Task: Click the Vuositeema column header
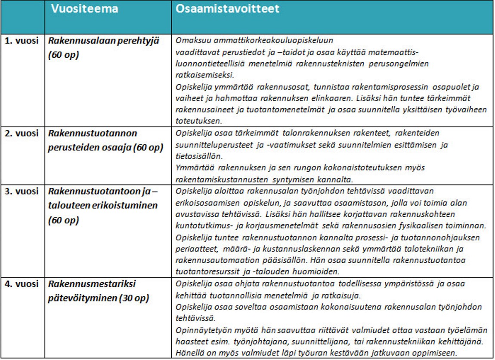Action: tap(84, 9)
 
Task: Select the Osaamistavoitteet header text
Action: tap(227, 9)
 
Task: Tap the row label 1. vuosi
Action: tap(22, 41)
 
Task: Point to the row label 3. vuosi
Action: tap(22, 191)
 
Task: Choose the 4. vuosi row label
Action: tap(22, 284)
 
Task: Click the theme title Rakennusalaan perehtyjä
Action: tap(104, 41)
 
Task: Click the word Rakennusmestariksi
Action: tap(92, 284)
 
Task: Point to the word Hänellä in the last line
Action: tap(189, 354)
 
